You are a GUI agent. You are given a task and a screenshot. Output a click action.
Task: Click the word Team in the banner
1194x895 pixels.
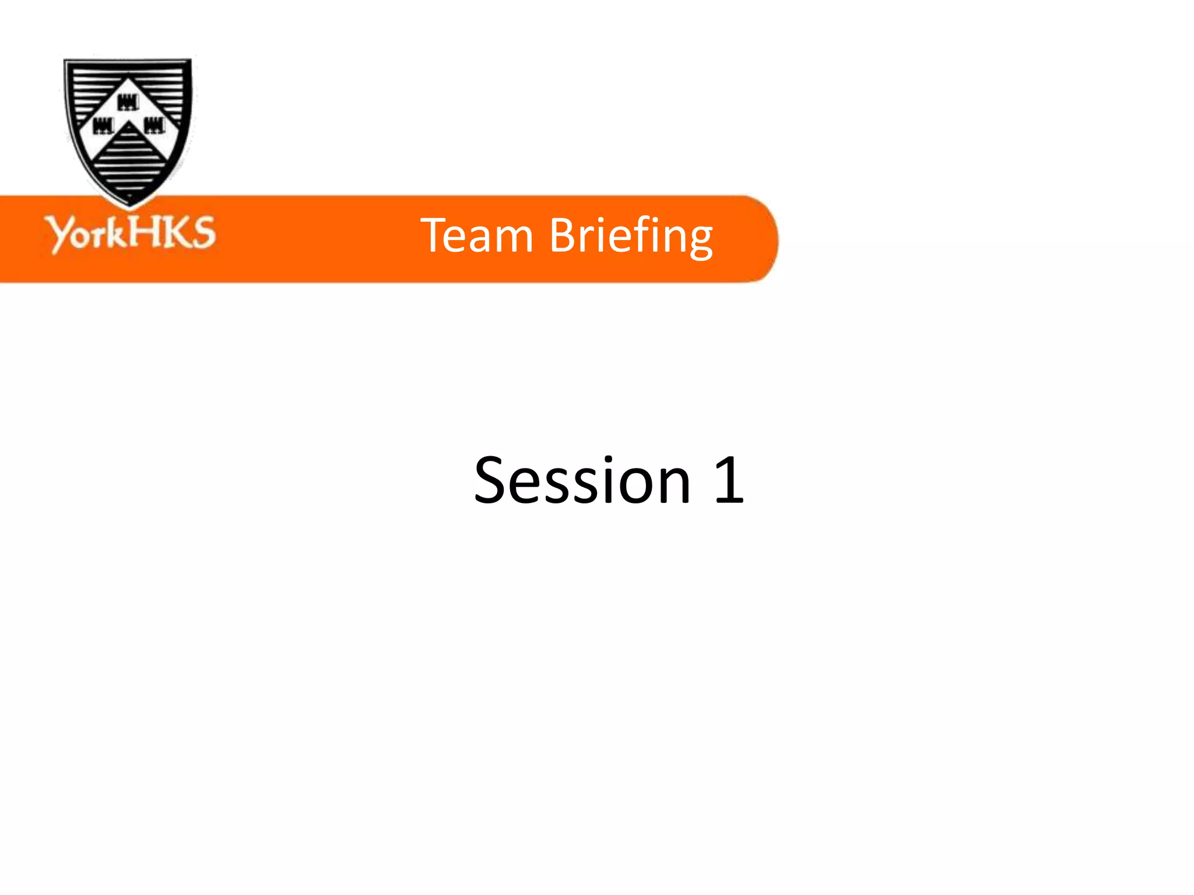coord(476,235)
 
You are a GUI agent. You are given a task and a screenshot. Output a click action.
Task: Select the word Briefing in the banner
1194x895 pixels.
coord(631,237)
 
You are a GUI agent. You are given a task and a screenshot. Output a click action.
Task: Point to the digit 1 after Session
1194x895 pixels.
coord(729,480)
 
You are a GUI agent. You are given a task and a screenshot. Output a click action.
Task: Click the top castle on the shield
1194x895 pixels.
coord(128,103)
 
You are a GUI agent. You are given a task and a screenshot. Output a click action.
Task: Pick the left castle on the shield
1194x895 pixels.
coord(103,125)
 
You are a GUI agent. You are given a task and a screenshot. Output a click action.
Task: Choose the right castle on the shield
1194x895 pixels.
coord(154,125)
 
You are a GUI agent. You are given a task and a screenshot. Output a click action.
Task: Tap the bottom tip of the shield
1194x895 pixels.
coord(129,205)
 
